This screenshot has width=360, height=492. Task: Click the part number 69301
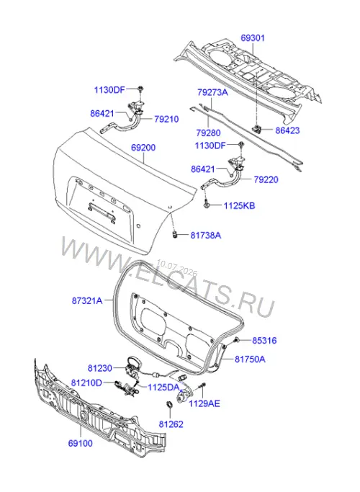pyautogui.click(x=253, y=38)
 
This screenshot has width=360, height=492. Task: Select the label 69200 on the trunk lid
pyautogui.click(x=143, y=148)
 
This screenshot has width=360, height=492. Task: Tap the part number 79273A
pyautogui.click(x=212, y=92)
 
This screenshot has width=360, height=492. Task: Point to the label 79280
pyautogui.click(x=209, y=133)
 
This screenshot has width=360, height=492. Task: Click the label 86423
pyautogui.click(x=287, y=130)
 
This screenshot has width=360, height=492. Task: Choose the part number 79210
pyautogui.click(x=166, y=120)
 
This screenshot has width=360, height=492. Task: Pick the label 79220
pyautogui.click(x=266, y=180)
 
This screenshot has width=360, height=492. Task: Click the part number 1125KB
pyautogui.click(x=239, y=206)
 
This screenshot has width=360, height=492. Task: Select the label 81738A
pyautogui.click(x=206, y=236)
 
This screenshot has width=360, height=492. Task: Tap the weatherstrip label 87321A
pyautogui.click(x=87, y=300)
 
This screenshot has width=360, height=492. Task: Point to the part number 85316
pyautogui.click(x=264, y=341)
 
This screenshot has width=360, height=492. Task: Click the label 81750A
pyautogui.click(x=250, y=359)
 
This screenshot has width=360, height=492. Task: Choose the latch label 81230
pyautogui.click(x=100, y=368)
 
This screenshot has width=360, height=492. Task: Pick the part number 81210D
pyautogui.click(x=86, y=383)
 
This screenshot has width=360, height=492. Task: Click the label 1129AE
pyautogui.click(x=204, y=403)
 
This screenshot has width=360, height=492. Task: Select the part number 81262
pyautogui.click(x=171, y=424)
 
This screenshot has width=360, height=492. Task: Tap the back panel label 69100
pyautogui.click(x=80, y=443)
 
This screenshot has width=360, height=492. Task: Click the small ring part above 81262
pyautogui.click(x=169, y=404)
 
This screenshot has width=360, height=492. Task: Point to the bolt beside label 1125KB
pyautogui.click(x=206, y=205)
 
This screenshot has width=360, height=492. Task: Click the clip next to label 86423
pyautogui.click(x=257, y=128)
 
